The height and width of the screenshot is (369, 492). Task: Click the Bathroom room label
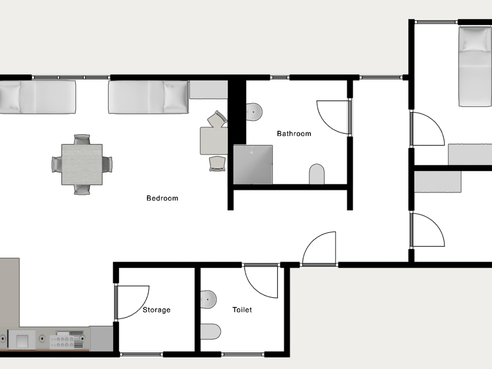pos(294,134)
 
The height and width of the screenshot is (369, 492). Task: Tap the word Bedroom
pos(162,198)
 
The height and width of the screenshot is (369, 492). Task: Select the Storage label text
pos(156,310)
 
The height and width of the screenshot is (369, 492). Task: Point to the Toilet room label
pos(242,310)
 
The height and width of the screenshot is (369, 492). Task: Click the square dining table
pos(82,164)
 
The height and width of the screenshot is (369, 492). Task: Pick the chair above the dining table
pos(82,139)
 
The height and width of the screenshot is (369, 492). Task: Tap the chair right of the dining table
pos(108,164)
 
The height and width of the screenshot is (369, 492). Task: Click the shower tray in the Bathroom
pos(253,164)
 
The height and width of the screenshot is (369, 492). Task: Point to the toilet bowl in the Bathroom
pos(317,174)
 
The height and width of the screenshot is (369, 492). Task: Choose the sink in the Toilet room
pos(208,299)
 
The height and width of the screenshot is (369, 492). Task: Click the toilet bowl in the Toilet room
pos(210,331)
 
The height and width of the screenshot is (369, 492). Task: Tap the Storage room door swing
pos(133,302)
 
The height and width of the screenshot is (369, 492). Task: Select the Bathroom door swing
pos(334,117)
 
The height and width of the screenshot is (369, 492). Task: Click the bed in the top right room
pos(475,66)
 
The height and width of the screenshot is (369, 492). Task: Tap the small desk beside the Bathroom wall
pos(214,140)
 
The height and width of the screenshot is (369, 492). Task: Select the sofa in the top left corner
pos(38,96)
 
